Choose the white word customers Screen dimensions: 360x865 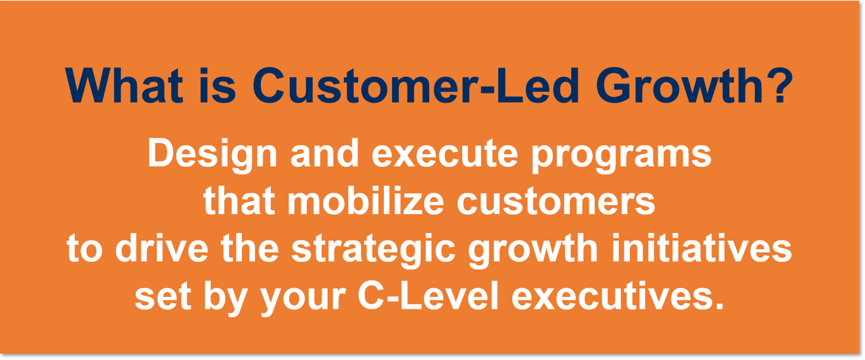coord(556,201)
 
